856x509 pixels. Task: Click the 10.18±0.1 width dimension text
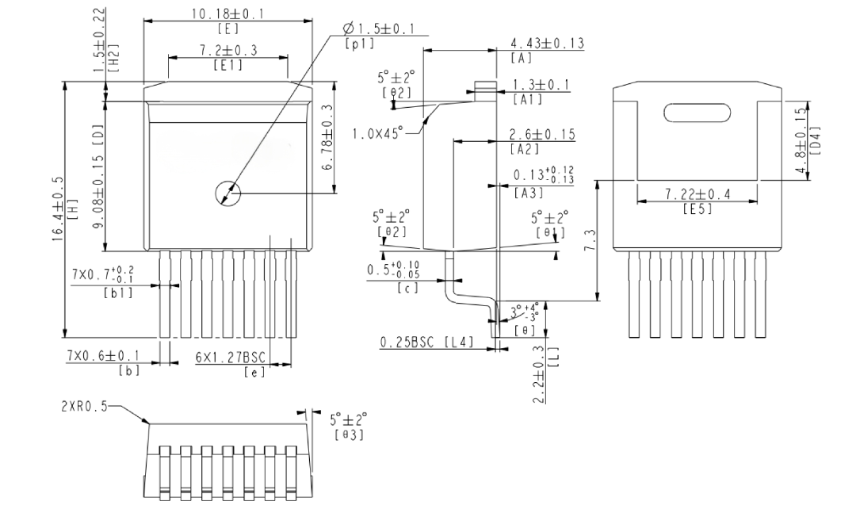[x=227, y=13]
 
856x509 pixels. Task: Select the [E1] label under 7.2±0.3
[x=227, y=64]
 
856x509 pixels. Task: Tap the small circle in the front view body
[x=227, y=193]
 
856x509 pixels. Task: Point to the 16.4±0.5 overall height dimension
[x=59, y=209]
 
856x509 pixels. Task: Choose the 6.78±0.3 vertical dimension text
[x=327, y=136]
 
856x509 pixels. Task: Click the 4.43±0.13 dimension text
[x=547, y=43]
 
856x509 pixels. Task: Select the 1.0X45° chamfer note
[x=377, y=132]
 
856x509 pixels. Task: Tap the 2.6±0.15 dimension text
[x=542, y=134]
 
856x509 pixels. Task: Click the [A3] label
[x=529, y=193]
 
